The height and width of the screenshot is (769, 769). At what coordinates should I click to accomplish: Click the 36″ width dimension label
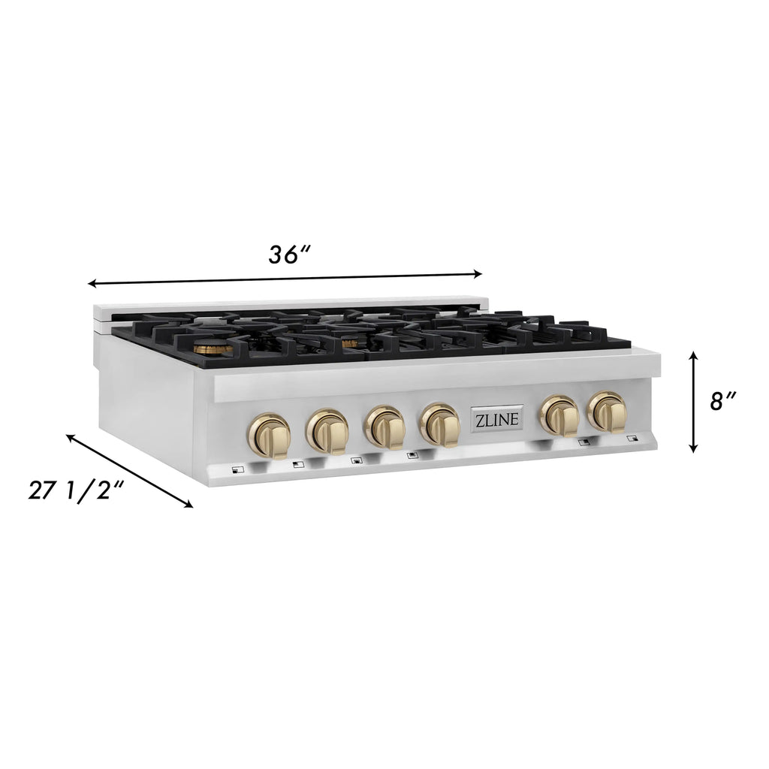click(x=290, y=255)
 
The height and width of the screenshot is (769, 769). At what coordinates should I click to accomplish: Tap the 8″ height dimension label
click(x=724, y=401)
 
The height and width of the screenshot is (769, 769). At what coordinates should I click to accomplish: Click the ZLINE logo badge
click(x=496, y=420)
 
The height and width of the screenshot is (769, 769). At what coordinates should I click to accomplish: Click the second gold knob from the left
click(x=327, y=430)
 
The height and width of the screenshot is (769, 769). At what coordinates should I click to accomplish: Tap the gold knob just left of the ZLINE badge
click(x=442, y=424)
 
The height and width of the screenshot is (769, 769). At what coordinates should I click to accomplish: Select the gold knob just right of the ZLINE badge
click(x=559, y=416)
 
